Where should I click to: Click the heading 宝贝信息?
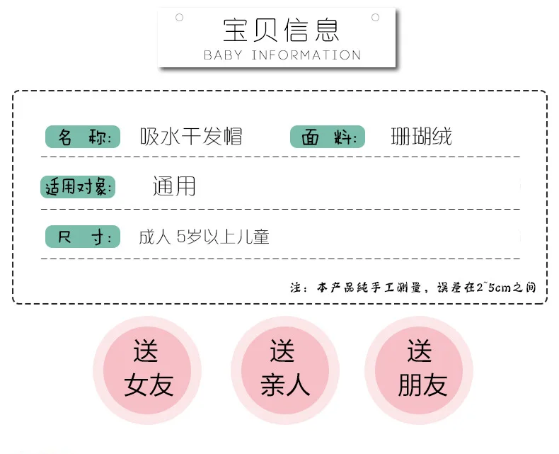tap(281, 30)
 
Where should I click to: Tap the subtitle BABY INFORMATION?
tap(282, 55)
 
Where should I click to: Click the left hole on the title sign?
tap(179, 17)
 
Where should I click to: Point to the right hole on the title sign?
tap(376, 17)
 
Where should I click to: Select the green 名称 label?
tap(83, 137)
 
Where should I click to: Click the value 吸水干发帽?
tap(191, 137)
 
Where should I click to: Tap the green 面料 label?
tap(328, 137)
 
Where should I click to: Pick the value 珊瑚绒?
tap(422, 137)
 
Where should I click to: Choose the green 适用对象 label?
tap(78, 187)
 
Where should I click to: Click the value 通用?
tap(174, 186)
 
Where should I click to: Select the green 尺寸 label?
tap(83, 237)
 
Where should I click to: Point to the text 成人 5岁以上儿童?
tap(204, 237)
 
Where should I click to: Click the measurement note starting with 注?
tap(413, 288)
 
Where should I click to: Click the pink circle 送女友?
tap(147, 370)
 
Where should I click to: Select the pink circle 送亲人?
tap(285, 370)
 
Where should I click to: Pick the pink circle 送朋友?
tap(419, 370)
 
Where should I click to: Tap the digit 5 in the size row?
tap(181, 237)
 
